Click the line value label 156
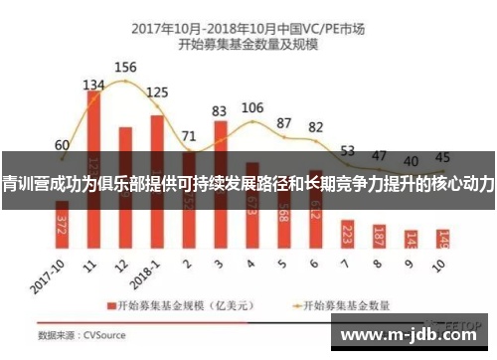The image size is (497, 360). click(x=125, y=68)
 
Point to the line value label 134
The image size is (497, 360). click(x=93, y=85)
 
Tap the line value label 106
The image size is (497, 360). click(x=252, y=107)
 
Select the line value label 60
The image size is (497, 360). click(x=62, y=145)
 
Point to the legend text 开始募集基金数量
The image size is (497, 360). click(x=347, y=304)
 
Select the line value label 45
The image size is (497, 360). click(x=443, y=157)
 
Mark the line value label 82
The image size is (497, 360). click(x=316, y=127)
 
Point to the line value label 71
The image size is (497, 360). click(x=189, y=135)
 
